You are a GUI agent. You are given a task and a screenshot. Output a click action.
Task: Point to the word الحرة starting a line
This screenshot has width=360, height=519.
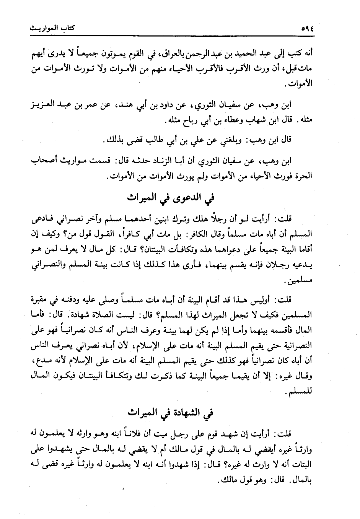[x=304, y=177]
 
